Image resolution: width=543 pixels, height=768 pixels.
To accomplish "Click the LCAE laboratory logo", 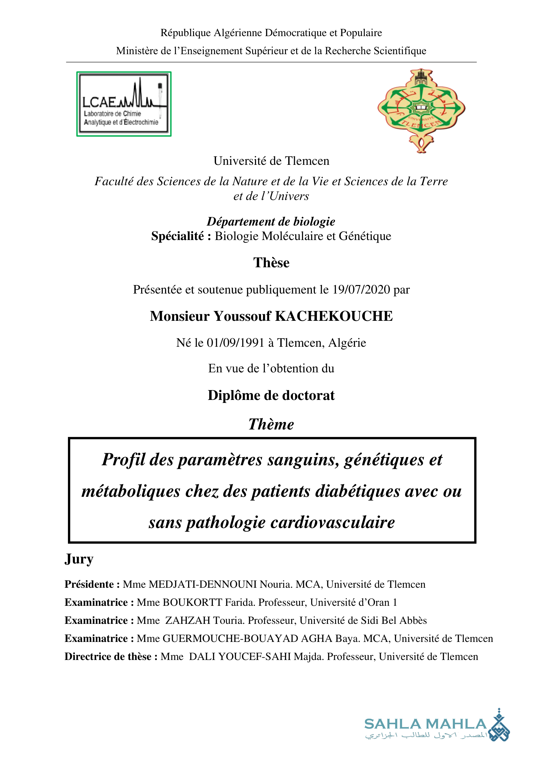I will click(x=124, y=104).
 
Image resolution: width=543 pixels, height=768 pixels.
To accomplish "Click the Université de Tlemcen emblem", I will click(x=421, y=110).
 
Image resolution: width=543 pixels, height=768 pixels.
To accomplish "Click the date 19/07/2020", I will click(x=361, y=290).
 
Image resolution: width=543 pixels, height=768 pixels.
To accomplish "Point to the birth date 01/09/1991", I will click(x=235, y=343).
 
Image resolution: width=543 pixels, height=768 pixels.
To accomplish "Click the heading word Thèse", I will click(x=271, y=263).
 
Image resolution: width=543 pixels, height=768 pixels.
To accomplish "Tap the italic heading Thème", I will click(x=271, y=425).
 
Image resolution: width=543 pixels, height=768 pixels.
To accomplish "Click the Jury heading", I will click(x=79, y=559).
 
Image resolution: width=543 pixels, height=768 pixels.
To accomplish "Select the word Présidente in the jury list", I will click(x=89, y=584).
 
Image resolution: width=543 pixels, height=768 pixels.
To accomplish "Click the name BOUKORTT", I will click(x=192, y=603).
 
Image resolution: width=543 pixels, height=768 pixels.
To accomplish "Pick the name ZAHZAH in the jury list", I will click(x=187, y=621).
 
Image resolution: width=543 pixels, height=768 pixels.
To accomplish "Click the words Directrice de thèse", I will click(x=109, y=657).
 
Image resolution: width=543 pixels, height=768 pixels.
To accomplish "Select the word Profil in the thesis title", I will click(x=124, y=460).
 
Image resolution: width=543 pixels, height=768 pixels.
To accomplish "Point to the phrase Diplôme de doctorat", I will click(x=271, y=396).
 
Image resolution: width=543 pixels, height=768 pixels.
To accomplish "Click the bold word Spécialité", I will click(x=178, y=236).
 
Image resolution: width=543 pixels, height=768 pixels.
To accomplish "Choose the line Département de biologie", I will click(x=271, y=222).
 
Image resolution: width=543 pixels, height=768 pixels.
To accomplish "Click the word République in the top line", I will click(x=185, y=33).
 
